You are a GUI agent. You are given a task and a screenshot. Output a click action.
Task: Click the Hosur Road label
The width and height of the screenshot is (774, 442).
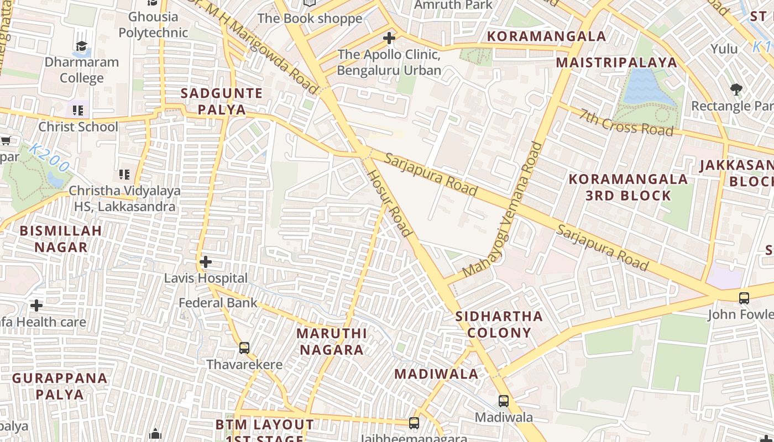coord(390,203)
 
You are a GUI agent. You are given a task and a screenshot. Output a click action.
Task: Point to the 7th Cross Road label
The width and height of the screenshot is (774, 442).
coord(626,122)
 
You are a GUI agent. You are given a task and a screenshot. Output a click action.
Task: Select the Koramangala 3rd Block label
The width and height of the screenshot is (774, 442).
coord(628,187)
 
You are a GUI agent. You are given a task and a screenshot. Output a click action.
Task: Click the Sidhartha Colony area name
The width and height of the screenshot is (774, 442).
coord(499,324)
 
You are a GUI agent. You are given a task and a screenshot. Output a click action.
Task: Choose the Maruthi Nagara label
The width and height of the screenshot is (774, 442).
coord(331,341)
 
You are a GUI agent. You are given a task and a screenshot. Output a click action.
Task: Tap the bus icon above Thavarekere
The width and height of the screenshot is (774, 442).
coord(244,348)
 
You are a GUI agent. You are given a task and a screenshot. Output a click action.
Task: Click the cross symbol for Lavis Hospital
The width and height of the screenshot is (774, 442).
coord(206,261)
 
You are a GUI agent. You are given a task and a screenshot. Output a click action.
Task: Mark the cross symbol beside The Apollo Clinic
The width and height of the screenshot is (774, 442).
coord(389,38)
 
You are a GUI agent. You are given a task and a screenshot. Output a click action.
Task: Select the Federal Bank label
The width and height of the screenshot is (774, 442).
coord(218,303)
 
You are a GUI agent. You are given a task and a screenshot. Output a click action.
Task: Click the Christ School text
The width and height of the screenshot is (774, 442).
coord(78,127)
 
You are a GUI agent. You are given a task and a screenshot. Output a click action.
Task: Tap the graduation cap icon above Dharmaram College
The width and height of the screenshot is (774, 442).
coord(81,46)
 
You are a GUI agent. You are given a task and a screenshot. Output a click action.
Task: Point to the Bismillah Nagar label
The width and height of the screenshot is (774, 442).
coord(61,239)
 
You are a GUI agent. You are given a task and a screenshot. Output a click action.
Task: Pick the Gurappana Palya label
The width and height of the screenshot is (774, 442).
coord(60,386)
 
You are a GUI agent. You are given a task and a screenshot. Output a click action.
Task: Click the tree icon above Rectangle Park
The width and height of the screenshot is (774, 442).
coord(736,89)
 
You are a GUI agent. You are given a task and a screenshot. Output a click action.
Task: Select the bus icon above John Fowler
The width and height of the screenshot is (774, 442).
coord(744,298)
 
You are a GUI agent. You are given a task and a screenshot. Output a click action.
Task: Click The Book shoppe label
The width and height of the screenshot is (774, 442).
coord(310,18)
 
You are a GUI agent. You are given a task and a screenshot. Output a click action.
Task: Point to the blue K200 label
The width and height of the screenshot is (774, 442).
coord(49,157)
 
